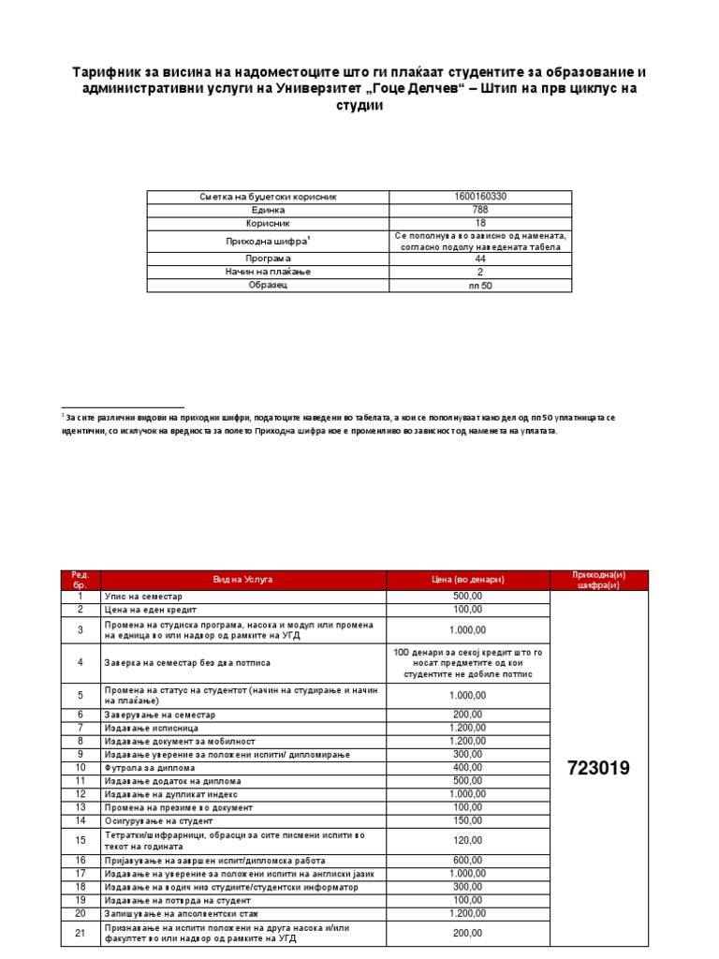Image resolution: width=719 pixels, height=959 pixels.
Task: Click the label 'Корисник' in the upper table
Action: pos(268,225)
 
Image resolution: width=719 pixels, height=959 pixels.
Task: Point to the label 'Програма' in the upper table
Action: pos(268,258)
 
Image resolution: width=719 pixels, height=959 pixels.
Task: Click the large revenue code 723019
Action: pos(599,768)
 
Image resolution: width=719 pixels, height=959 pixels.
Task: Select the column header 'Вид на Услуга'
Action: pos(242,581)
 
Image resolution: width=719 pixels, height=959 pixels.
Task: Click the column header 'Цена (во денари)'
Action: pos(468,581)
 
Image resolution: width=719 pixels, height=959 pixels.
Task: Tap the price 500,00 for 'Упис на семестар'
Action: pos(468,597)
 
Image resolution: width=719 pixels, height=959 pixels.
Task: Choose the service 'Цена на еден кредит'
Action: pos(151,610)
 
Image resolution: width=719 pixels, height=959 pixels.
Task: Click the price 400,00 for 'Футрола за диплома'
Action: pos(468,767)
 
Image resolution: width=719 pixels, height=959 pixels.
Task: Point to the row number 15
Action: pos(81,840)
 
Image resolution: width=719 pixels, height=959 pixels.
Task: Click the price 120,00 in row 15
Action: pos(468,840)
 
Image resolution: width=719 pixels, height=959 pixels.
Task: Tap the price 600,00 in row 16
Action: pos(468,861)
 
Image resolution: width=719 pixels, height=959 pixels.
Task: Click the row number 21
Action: pos(81,933)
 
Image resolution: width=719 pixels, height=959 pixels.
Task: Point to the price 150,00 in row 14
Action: pos(468,820)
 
